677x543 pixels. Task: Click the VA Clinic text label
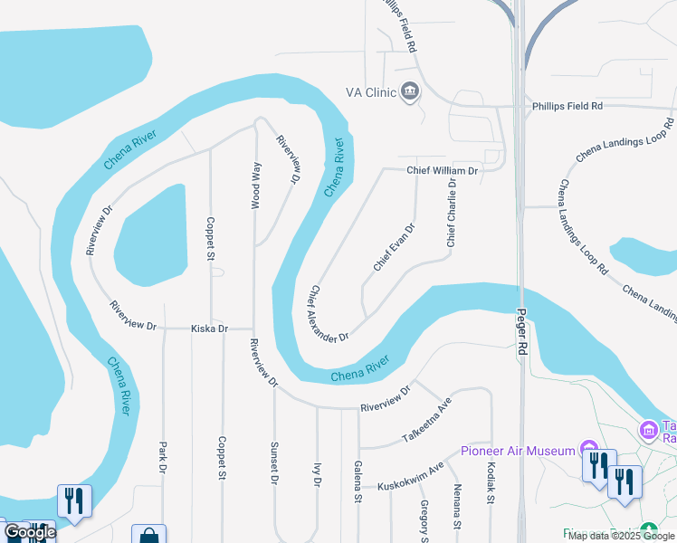tap(370, 92)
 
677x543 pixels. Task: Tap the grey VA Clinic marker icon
tap(410, 91)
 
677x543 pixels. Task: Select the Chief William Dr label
tap(442, 170)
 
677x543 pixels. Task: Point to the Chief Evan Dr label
tap(394, 247)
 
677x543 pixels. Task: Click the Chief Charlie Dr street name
tap(451, 213)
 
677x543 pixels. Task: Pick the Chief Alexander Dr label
tap(329, 314)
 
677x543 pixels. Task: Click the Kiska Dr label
tap(209, 329)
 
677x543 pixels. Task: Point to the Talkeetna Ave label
tap(426, 421)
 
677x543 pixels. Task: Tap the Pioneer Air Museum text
tap(518, 451)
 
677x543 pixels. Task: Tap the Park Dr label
tap(163, 457)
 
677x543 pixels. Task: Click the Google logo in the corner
tap(30, 532)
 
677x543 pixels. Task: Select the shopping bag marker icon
tap(148, 535)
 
